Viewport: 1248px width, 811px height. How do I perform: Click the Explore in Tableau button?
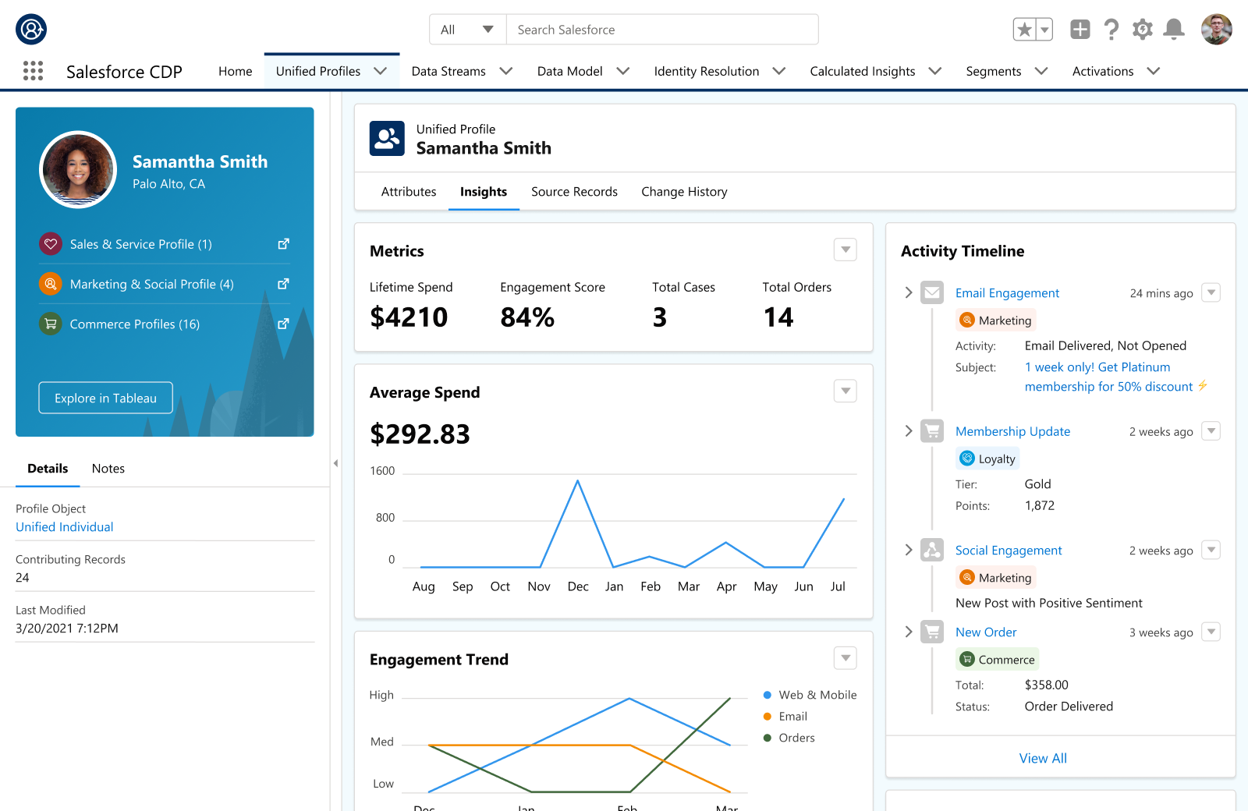tap(105, 398)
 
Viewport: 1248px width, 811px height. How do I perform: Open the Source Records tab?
tap(574, 192)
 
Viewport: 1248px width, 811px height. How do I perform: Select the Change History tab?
tap(684, 192)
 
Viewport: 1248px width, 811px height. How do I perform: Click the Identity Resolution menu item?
tap(707, 71)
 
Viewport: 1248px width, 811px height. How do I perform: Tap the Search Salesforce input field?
tap(661, 30)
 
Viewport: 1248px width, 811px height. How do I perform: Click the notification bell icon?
tap(1173, 30)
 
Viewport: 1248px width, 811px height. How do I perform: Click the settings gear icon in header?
tap(1142, 30)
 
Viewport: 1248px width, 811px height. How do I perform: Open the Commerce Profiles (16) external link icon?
tap(284, 324)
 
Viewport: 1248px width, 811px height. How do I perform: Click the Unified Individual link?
tap(65, 527)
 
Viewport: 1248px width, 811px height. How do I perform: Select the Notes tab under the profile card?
tap(108, 469)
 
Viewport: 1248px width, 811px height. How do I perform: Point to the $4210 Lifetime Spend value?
tap(409, 317)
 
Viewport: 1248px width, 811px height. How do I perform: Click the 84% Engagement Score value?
tap(527, 317)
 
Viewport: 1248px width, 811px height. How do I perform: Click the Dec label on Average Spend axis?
tap(578, 586)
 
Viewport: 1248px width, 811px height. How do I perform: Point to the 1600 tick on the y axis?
tap(382, 471)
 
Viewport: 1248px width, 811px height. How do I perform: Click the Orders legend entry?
tap(796, 738)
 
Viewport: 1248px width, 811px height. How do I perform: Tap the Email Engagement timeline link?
tap(1007, 293)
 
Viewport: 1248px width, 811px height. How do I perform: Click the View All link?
tap(1043, 758)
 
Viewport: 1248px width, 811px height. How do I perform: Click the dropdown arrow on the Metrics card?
tap(846, 250)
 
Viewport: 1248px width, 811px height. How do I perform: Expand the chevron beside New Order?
tap(909, 632)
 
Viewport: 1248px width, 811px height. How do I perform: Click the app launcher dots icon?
tap(33, 71)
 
